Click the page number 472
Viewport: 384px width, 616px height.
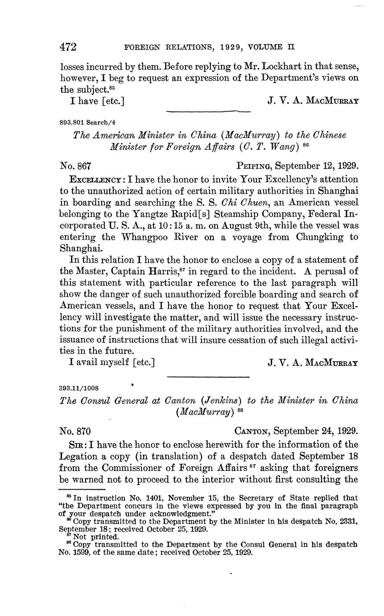pos(69,47)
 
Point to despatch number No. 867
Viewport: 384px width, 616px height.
pos(75,166)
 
